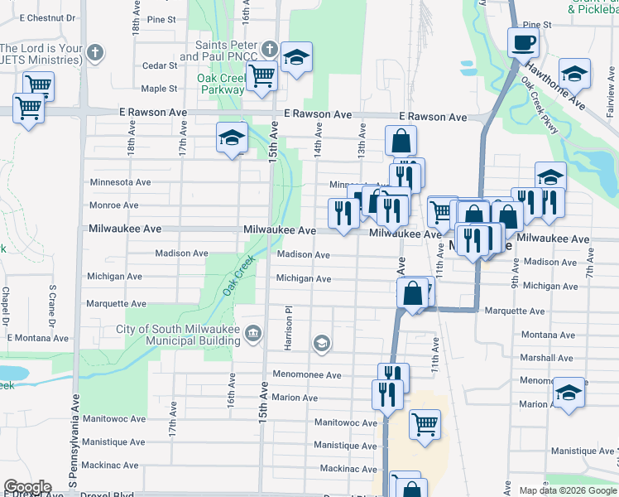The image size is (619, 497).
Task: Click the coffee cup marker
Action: tap(522, 42)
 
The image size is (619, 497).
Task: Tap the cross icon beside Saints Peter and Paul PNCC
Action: tap(270, 49)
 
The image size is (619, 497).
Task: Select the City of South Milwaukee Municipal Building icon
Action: tap(253, 334)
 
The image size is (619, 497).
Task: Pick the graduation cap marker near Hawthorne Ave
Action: tap(574, 73)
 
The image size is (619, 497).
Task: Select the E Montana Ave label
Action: tap(37, 338)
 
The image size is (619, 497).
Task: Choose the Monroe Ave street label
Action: tap(113, 205)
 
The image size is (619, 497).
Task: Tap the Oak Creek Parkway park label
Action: tap(220, 84)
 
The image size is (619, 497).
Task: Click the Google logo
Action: tap(27, 488)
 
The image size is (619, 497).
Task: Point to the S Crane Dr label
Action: tap(52, 306)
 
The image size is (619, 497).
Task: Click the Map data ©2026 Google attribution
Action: tap(567, 490)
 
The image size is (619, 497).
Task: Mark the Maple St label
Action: tap(159, 88)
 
